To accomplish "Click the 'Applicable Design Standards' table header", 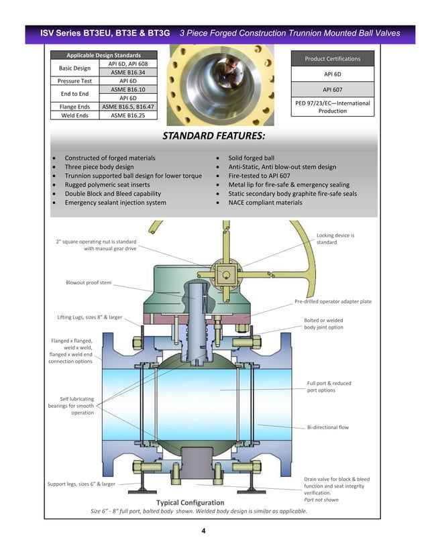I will (x=103, y=55).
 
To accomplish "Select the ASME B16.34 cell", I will (x=127, y=72).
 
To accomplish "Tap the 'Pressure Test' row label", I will (x=74, y=80).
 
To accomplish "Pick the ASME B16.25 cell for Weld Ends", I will (x=127, y=115).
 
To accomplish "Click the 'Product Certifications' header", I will (x=332, y=58).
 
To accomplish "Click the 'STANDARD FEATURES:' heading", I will (x=214, y=137).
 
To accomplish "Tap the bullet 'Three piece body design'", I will (x=99, y=167).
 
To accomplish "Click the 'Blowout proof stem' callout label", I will (x=89, y=282).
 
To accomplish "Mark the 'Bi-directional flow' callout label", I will (x=328, y=427).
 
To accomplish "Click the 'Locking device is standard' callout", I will (x=335, y=239).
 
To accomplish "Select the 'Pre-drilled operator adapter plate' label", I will (x=333, y=302).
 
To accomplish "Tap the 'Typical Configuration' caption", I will (x=190, y=502).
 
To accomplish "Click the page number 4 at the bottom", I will (x=203, y=531).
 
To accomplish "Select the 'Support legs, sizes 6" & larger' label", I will (x=81, y=484).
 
